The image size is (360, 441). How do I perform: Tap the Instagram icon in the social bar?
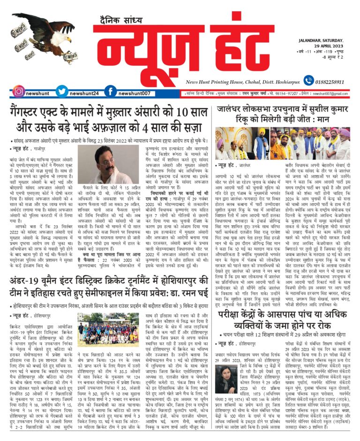pos(18,91)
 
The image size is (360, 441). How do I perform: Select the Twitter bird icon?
pos(61,91)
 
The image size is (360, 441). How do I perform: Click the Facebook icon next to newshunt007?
pos(110,91)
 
